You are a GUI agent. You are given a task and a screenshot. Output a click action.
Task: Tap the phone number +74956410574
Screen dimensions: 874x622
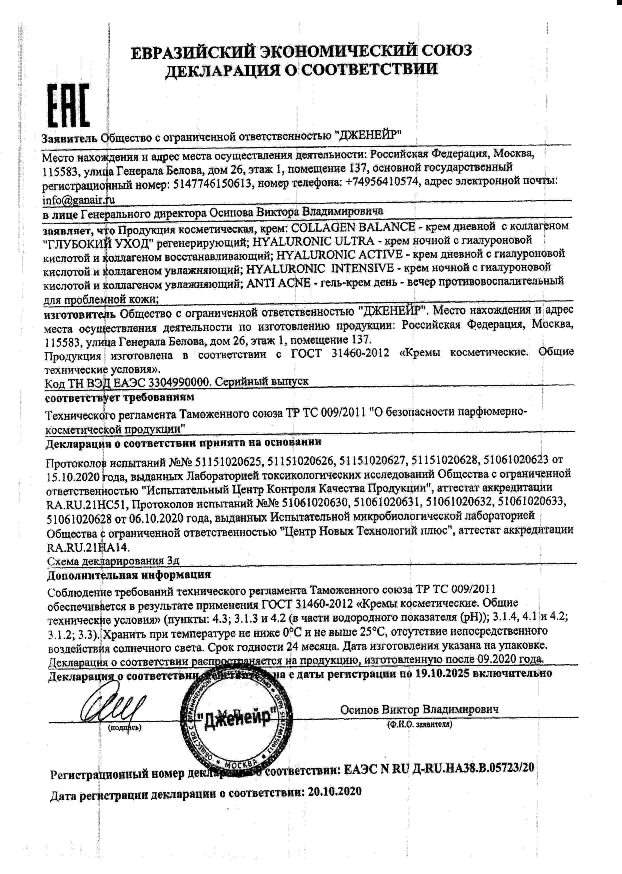381,183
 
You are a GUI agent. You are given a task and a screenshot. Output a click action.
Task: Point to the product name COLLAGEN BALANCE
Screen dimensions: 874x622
353,227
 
